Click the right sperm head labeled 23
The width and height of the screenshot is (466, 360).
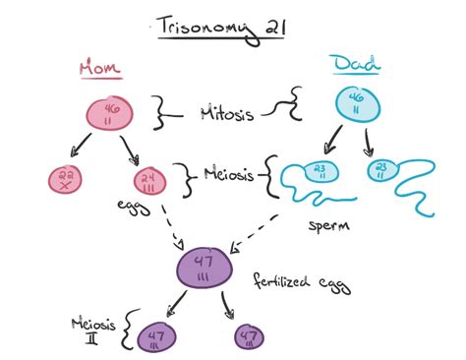[x=381, y=169]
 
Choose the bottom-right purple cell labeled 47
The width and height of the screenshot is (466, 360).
[x=250, y=337]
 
